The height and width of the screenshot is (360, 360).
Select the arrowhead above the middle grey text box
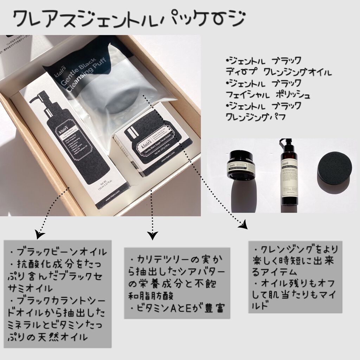click(152, 235)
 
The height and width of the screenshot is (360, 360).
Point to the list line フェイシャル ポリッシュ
click(268, 95)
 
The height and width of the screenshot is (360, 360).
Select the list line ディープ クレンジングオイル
click(278, 72)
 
